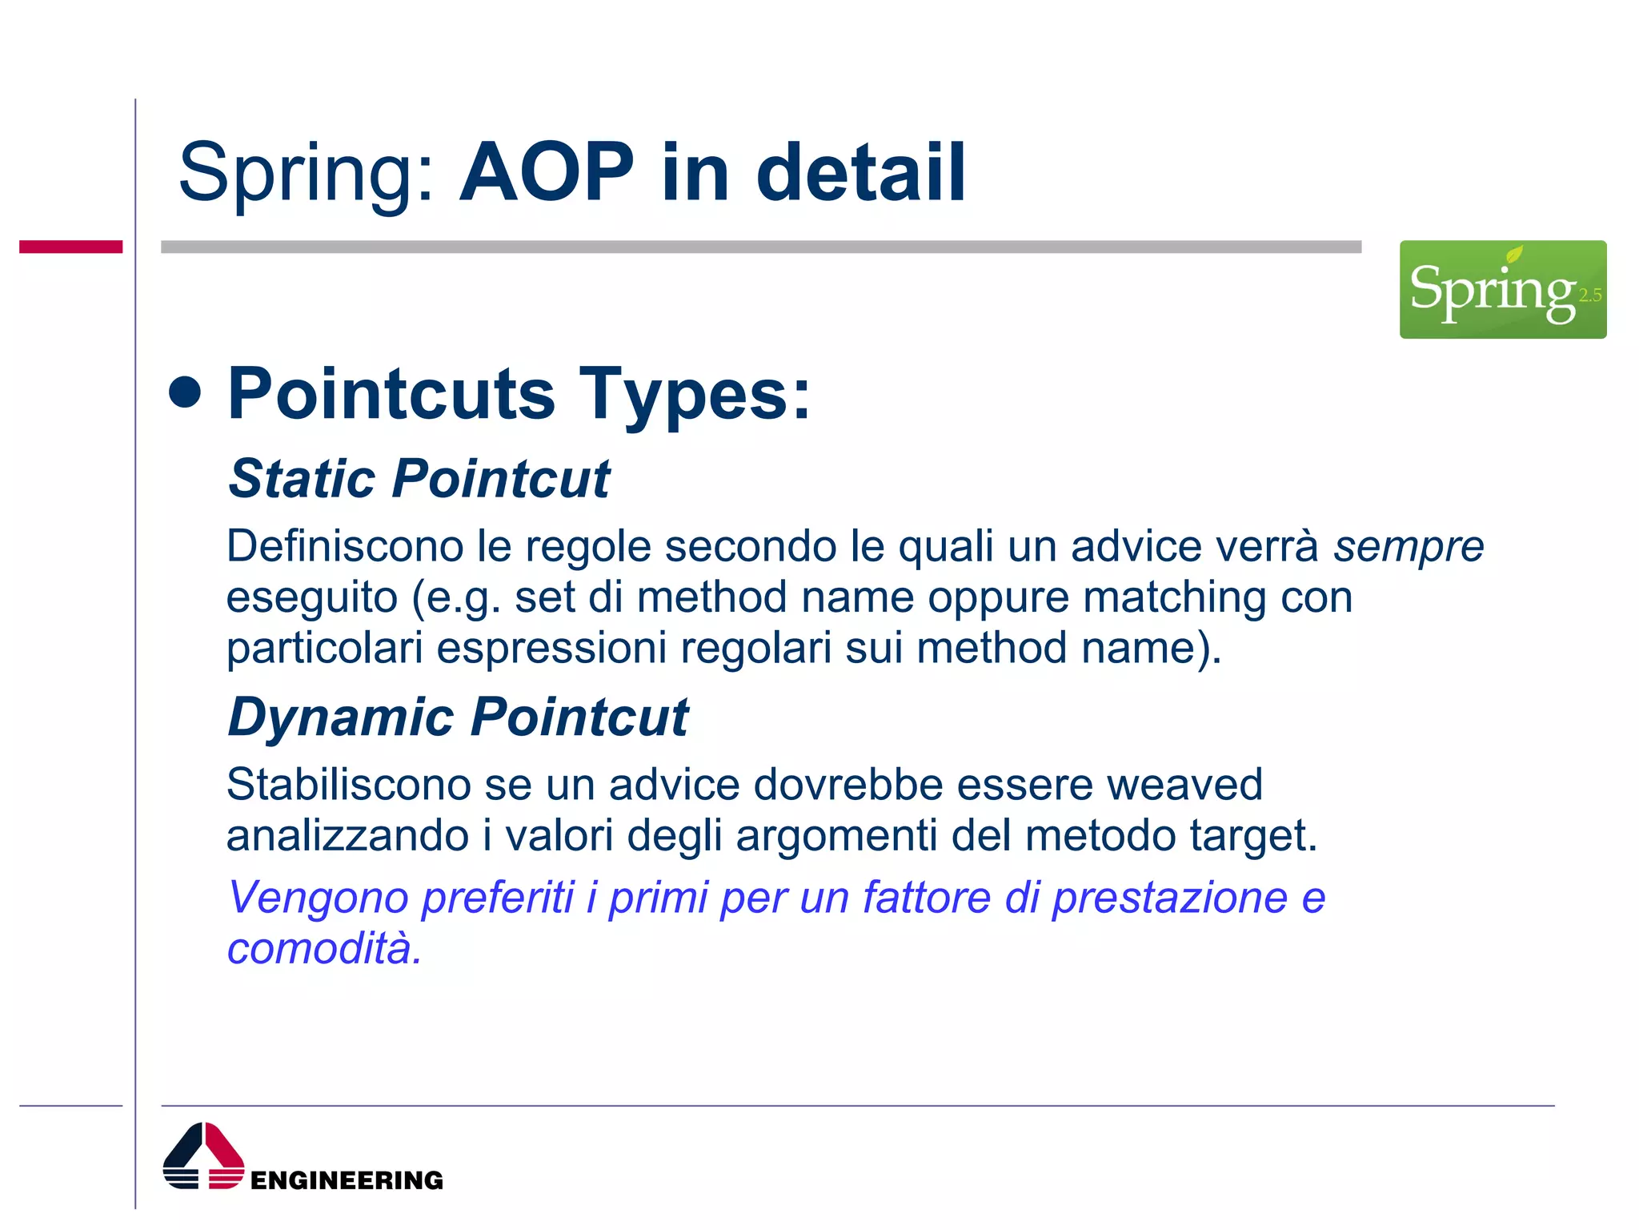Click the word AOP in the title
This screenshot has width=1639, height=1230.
(547, 172)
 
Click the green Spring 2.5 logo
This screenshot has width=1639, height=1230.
(1502, 289)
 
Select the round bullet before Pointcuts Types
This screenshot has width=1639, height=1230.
(186, 392)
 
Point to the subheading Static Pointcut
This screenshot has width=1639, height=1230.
(419, 479)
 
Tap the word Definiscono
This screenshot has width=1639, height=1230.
(345, 546)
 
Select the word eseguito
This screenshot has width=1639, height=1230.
(312, 598)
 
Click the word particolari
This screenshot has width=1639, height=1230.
(324, 647)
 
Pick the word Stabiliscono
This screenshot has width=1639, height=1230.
(348, 784)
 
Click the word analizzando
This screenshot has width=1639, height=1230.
(347, 835)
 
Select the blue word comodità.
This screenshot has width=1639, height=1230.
(323, 948)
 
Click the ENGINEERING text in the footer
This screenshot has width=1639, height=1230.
(347, 1180)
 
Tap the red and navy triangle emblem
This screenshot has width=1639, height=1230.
(203, 1156)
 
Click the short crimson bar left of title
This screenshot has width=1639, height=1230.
(70, 247)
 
